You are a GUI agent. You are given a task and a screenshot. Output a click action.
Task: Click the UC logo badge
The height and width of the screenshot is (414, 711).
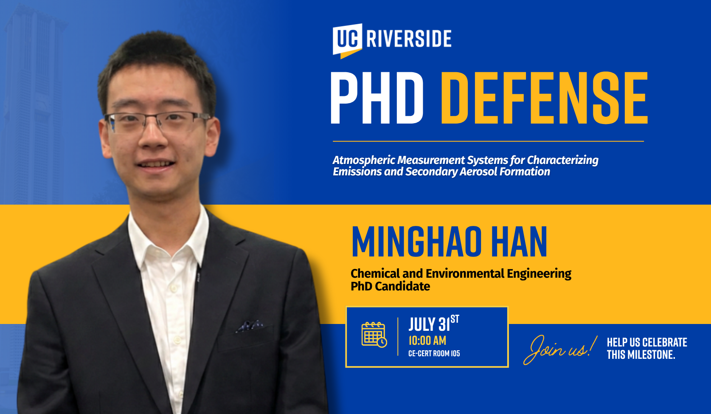coord(347,41)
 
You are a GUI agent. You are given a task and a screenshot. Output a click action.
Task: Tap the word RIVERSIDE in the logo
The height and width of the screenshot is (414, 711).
coord(409,39)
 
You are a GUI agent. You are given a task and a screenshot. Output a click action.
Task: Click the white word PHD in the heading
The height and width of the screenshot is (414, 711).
coord(377,98)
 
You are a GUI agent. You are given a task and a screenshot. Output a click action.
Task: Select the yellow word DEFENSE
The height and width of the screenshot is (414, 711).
coord(544,98)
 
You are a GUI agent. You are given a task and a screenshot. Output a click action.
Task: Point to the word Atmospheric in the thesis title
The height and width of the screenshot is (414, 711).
coord(364,161)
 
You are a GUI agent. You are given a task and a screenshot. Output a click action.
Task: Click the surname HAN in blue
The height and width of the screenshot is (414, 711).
coord(519,242)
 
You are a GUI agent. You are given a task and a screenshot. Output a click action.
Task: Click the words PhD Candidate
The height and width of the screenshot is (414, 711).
coord(391,286)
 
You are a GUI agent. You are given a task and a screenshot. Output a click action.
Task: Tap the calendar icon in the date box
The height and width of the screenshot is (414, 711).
coord(374,335)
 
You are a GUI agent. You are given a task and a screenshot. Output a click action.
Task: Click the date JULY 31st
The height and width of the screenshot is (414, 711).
coord(433,324)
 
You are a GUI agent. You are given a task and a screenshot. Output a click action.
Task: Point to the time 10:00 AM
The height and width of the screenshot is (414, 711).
coord(427,341)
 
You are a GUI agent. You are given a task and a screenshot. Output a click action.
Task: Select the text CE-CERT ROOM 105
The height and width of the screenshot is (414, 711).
coord(434,354)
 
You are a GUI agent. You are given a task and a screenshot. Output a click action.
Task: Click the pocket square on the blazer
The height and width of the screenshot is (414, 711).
coord(250,326)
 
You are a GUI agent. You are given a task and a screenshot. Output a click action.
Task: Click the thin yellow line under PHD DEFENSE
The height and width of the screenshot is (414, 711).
coord(488,141)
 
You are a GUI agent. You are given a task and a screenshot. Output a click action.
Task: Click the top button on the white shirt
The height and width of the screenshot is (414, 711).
coord(173,288)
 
